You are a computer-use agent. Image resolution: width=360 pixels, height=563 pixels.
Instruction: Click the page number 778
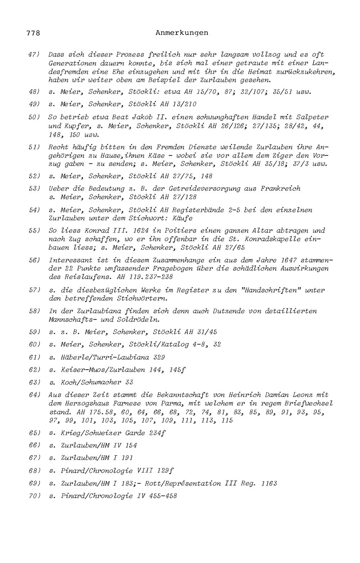pyautogui.click(x=33, y=33)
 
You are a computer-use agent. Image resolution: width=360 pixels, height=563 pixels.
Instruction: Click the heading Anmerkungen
pyautogui.click(x=182, y=33)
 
